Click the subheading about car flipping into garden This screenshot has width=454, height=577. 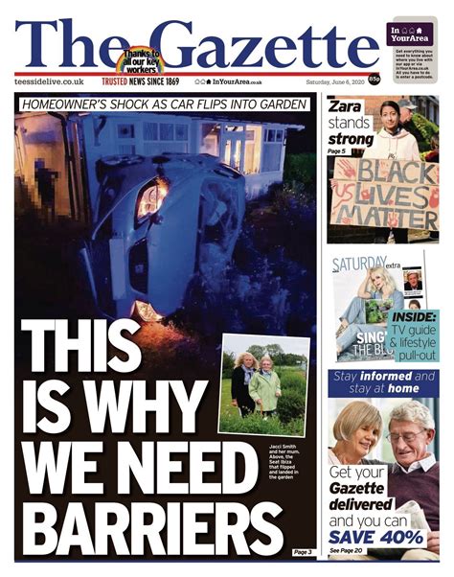[165, 104]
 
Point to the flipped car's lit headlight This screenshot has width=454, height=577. [149, 201]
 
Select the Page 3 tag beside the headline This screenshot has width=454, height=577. [303, 552]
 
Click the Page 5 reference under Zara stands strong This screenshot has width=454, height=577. [338, 151]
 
